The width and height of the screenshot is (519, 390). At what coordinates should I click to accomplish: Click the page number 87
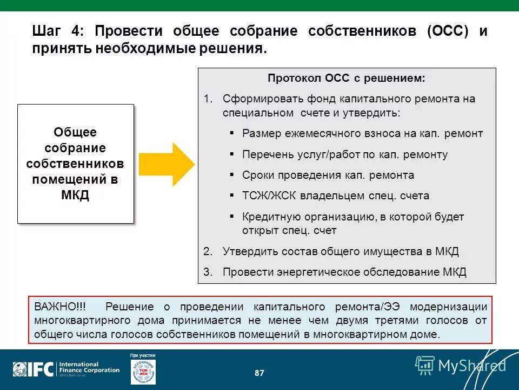(259, 373)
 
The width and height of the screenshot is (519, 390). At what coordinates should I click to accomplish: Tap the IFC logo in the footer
(34, 370)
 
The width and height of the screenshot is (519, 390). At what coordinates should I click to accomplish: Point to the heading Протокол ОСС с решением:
(346, 79)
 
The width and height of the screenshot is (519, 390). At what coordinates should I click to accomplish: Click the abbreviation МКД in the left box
(75, 196)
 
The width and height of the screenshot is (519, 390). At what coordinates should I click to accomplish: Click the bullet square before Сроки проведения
(232, 174)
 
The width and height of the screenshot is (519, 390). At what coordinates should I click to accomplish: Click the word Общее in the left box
(75, 133)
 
